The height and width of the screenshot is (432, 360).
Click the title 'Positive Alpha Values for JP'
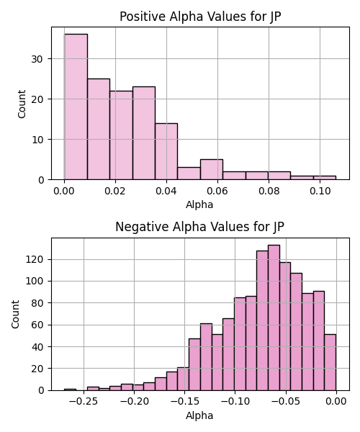[200, 17]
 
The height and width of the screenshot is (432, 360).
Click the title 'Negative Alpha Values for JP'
[199, 227]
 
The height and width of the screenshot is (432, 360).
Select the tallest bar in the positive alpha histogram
[76, 107]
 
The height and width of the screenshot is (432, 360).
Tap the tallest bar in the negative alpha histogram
[274, 318]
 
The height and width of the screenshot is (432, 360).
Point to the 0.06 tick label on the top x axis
[217, 191]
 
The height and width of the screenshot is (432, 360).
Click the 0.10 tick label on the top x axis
[320, 191]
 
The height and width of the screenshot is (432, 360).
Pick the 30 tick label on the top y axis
[37, 59]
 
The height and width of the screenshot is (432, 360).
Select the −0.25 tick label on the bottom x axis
[84, 402]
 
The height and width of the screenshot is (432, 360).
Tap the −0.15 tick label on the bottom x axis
[184, 402]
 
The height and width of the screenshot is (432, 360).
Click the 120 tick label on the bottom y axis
[35, 259]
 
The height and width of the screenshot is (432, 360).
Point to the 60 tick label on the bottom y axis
[37, 325]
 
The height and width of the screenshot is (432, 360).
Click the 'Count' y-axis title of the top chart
[22, 104]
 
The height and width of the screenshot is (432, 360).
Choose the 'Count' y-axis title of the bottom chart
[15, 315]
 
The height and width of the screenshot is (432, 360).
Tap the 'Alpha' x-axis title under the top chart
[199, 204]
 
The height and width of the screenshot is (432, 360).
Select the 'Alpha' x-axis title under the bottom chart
[199, 415]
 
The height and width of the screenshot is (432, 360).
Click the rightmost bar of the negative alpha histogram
[330, 363]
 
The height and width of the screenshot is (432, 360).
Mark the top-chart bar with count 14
[166, 151]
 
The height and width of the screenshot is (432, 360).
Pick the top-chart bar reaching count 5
[212, 169]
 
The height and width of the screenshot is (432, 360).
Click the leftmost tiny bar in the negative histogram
[70, 390]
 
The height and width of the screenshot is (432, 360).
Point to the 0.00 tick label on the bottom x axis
[336, 402]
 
